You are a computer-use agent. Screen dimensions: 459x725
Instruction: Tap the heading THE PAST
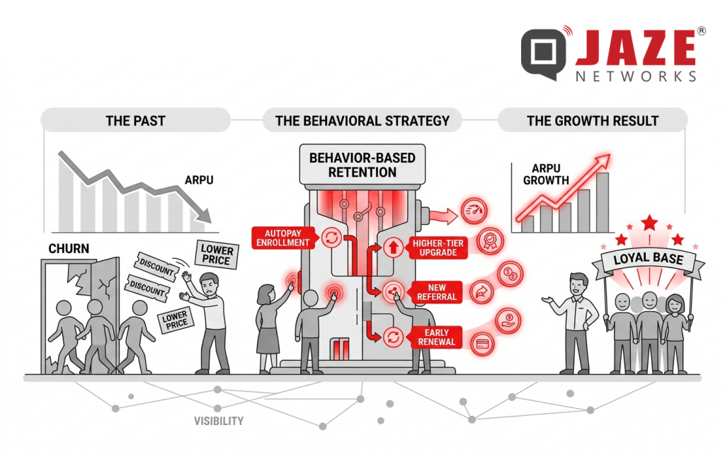click(135, 120)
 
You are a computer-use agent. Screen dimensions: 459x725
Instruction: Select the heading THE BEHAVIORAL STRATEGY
click(362, 120)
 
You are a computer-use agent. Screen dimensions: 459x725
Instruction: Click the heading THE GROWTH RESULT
click(593, 120)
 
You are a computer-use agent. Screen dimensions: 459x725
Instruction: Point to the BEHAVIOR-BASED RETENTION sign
click(362, 164)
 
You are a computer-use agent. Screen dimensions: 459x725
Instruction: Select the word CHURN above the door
click(68, 248)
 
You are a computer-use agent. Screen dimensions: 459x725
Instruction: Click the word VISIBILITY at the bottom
click(219, 421)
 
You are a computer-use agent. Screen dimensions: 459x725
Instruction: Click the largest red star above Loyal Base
click(649, 223)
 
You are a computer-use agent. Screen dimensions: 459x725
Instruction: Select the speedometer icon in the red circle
click(474, 211)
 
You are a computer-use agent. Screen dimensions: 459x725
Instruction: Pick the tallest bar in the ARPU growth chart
click(603, 202)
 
